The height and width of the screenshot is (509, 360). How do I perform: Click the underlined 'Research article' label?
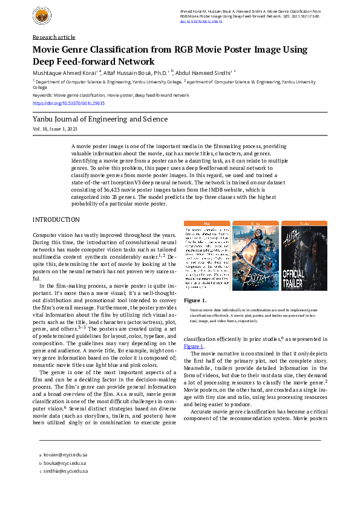(54, 37)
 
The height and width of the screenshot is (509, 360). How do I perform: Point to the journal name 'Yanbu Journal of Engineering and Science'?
(100, 120)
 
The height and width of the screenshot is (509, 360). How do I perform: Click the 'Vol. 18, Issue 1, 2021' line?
(55, 129)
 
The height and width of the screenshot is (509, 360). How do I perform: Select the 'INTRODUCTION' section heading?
(56, 219)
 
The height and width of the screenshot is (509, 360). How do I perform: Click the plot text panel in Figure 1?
(207, 251)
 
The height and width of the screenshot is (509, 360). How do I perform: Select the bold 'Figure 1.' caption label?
(195, 300)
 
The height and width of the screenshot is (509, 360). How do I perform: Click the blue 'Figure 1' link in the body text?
(194, 346)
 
